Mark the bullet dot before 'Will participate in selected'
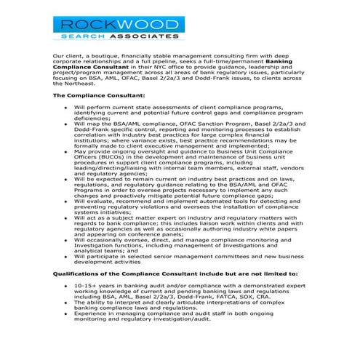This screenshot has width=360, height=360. [67, 255]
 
